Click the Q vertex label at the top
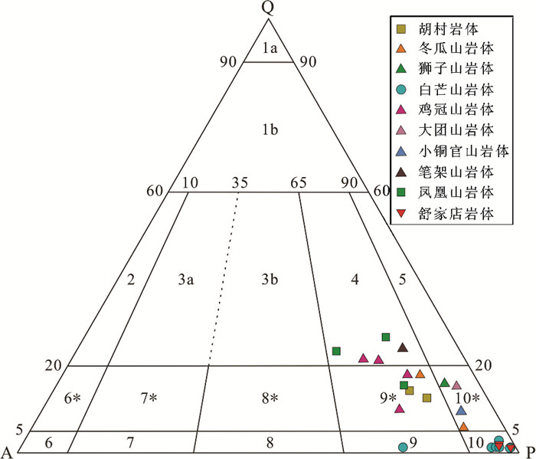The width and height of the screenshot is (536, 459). [267, 8]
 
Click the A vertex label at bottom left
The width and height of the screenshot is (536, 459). [7, 450]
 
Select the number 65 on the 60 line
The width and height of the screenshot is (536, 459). [297, 183]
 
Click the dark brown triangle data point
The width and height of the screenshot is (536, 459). [402, 348]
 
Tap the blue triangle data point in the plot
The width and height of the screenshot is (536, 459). [461, 410]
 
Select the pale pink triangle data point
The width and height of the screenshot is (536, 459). [457, 385]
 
